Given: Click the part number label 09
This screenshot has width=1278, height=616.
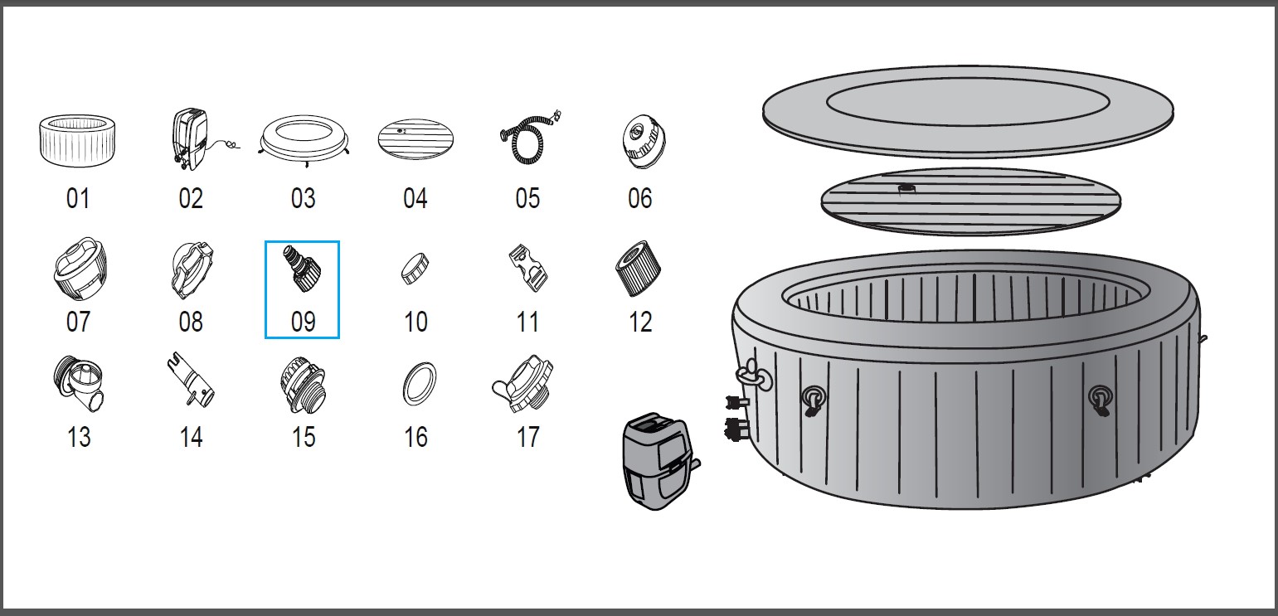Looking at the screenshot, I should pos(303,322).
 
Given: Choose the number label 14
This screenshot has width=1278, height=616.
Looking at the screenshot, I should pos(191,437).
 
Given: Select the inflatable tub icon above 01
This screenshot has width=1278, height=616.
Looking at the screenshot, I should pos(78,142).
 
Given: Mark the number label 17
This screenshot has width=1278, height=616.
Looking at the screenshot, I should pos(527,437).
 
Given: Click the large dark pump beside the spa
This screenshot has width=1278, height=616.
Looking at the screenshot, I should pos(657,461).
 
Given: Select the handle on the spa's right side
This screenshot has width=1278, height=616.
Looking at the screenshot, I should pos(1101,398).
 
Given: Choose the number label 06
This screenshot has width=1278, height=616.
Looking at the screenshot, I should pos(639,198).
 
